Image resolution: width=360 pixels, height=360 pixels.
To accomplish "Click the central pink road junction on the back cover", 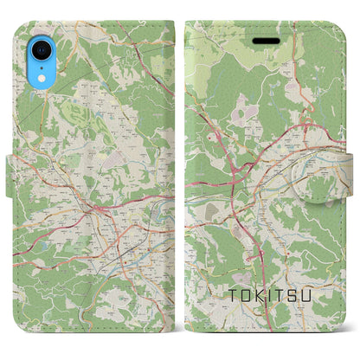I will point(98,208).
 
